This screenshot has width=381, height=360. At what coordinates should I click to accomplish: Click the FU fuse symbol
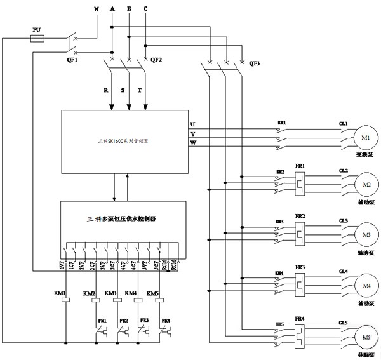(37, 39)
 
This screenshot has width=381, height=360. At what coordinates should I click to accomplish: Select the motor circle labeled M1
(365, 138)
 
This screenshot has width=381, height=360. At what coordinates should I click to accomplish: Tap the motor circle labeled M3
(365, 231)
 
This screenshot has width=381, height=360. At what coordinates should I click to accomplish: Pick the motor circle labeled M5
(365, 337)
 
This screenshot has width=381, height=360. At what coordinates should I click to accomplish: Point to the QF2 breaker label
(156, 60)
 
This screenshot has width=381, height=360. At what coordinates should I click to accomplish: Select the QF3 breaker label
(255, 63)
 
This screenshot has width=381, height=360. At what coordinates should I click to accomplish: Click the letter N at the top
(96, 9)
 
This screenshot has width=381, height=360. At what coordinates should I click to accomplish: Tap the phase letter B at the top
(129, 9)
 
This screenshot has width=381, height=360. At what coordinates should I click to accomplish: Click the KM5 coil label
(153, 293)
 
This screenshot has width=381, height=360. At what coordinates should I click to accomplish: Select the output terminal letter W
(192, 143)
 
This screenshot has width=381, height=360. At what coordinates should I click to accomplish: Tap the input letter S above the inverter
(123, 91)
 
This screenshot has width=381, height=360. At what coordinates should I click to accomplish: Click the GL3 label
(344, 220)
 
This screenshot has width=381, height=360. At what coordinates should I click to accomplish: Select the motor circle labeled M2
(365, 184)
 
